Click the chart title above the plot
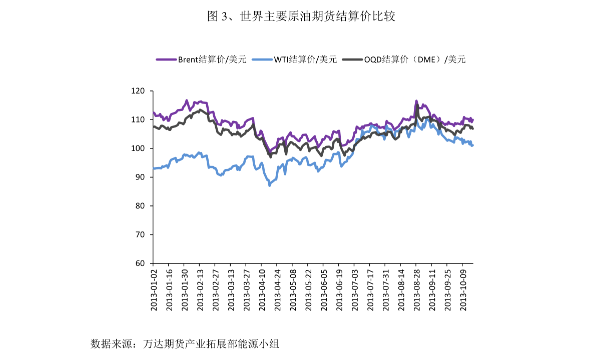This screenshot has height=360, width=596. tap(301, 17)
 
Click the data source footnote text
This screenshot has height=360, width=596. tap(185, 344)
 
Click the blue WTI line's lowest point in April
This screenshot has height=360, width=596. tap(270, 185)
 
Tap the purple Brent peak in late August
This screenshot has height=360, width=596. tap(416, 101)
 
